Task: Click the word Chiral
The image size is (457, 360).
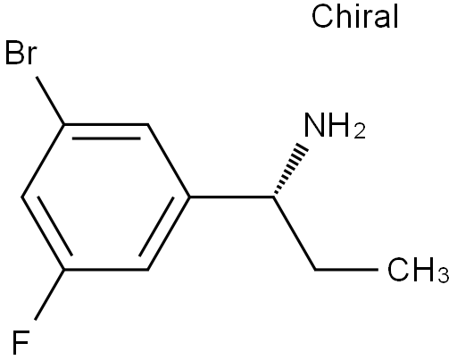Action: coord(354,16)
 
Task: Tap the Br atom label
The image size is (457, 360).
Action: coord(21,53)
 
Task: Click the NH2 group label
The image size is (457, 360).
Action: coord(335,126)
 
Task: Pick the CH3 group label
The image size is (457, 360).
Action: coord(418,270)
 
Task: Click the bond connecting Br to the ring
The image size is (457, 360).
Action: coord(50,100)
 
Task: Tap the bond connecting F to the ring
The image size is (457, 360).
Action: coord(50,295)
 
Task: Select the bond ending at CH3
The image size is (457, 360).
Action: coord(347,270)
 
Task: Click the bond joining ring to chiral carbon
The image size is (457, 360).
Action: coord(231,197)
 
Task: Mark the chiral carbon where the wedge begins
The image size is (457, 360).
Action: coord(274,197)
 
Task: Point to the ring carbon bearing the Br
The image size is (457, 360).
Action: coord(64,124)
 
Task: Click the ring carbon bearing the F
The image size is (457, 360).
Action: coord(64,270)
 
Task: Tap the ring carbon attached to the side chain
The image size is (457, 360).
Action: coord(189,197)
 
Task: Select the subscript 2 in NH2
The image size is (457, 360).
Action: coord(360,131)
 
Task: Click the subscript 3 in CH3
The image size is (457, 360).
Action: coord(444,274)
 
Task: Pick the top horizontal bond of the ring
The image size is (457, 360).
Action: coord(106,124)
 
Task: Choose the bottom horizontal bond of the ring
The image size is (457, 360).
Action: coord(106,270)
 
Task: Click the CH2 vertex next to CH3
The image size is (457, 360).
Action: coord(315,270)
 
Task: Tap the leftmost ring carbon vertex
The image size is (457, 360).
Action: coord(22,197)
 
